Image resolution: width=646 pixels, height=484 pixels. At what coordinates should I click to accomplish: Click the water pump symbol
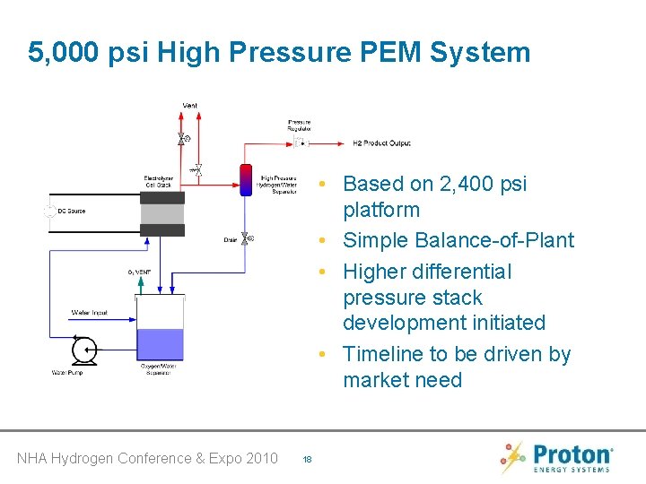click(x=85, y=349)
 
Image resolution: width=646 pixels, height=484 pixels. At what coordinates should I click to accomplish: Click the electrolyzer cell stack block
click(x=161, y=213)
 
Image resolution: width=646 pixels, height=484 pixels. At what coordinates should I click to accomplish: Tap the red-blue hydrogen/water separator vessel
click(x=245, y=179)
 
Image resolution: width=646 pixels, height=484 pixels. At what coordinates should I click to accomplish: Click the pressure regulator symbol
click(x=301, y=143)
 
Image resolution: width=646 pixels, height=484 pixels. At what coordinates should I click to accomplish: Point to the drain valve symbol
click(x=245, y=239)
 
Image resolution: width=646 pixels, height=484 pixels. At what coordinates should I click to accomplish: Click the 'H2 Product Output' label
click(x=381, y=143)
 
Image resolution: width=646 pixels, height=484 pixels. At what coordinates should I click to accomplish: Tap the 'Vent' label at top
click(x=190, y=106)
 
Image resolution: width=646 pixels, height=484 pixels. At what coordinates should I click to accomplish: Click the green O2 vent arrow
click(x=138, y=285)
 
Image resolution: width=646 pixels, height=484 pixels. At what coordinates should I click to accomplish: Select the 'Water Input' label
click(x=89, y=313)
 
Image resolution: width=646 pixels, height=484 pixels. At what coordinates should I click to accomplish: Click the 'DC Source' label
click(x=72, y=212)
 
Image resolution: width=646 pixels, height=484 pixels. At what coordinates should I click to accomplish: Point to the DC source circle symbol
click(x=48, y=212)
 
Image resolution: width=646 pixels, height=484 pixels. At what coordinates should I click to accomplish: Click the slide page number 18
click(x=307, y=459)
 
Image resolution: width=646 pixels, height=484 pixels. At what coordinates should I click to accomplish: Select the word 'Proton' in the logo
click(x=572, y=453)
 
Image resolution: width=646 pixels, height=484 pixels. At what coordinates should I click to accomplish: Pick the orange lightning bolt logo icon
click(x=512, y=457)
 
